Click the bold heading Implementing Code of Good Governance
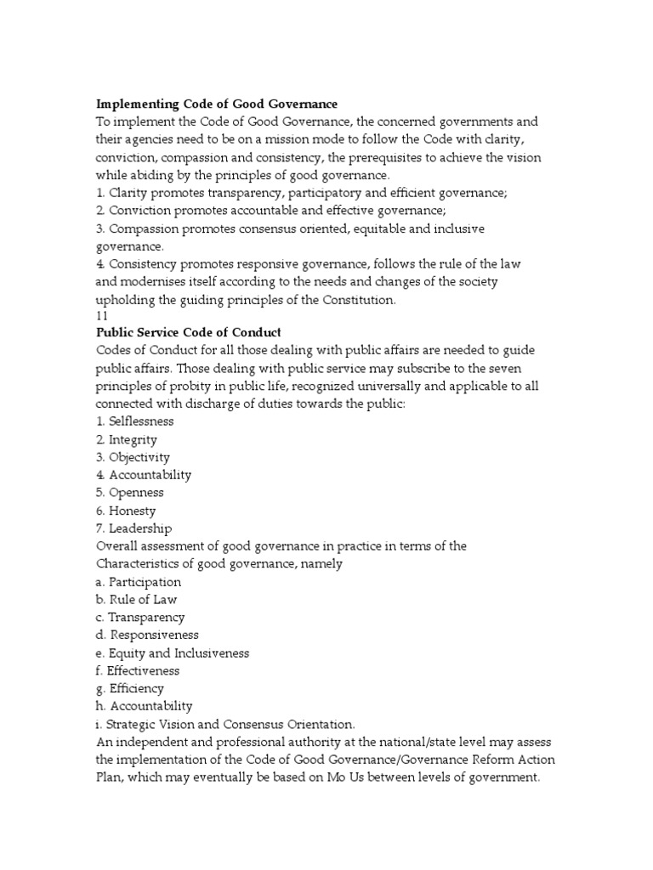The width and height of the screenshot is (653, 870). [x=217, y=104]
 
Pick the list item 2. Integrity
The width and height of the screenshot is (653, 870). [x=127, y=439]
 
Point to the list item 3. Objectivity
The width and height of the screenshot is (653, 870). [x=133, y=457]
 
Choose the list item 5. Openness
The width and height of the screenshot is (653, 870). [x=130, y=493]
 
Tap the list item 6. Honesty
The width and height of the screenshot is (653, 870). [x=126, y=511]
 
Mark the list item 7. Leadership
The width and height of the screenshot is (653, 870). [x=134, y=528]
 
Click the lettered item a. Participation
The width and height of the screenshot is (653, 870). [x=139, y=582]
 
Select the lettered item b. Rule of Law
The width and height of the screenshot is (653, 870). [x=136, y=600]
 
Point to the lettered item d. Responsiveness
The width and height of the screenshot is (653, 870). [x=147, y=635]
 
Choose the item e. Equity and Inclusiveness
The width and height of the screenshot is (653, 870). [x=173, y=653]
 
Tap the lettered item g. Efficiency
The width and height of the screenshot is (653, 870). [x=130, y=688]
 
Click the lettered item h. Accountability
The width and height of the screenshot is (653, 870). [x=144, y=706]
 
